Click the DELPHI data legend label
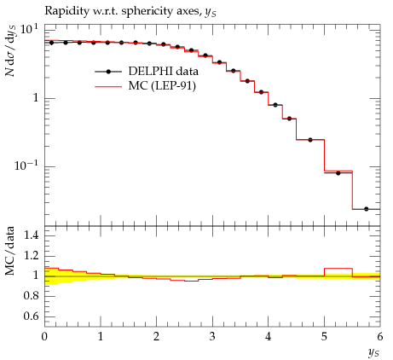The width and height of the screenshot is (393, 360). coord(163,71)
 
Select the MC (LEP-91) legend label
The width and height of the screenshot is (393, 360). coord(162,86)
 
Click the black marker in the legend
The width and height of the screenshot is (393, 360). coord(108,72)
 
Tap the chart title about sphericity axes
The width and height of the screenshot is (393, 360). coord(130,11)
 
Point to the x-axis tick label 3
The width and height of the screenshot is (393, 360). coord(212,337)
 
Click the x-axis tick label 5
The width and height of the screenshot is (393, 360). coord(324,337)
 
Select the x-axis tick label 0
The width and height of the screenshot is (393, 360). coord(44,337)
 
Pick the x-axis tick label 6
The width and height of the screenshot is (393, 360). coord(380,337)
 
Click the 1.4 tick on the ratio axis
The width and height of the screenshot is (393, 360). coord(31,235)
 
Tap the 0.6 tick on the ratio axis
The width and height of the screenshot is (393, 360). coord(31,316)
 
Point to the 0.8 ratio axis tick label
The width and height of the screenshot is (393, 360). coord(31,296)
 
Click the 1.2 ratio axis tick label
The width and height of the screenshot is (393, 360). coord(31,256)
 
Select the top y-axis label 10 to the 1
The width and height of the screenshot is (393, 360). coord(27,30)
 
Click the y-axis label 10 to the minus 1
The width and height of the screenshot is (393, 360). coord(26,165)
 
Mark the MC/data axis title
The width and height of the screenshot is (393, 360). coord(10,251)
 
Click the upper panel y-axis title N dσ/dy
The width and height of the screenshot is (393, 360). coord(11,50)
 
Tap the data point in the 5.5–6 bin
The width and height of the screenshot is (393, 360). coord(366,209)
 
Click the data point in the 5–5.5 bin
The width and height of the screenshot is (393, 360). coord(338,173)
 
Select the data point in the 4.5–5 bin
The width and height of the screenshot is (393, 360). coord(310,140)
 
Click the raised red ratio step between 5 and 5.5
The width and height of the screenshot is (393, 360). coord(338,268)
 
